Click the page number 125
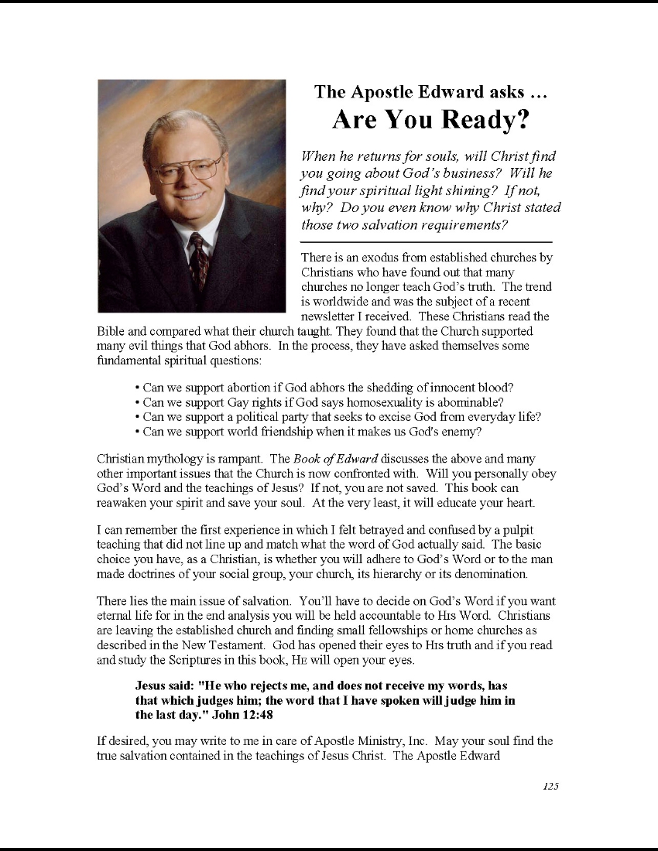550,786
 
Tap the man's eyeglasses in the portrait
187,168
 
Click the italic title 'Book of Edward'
335,460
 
